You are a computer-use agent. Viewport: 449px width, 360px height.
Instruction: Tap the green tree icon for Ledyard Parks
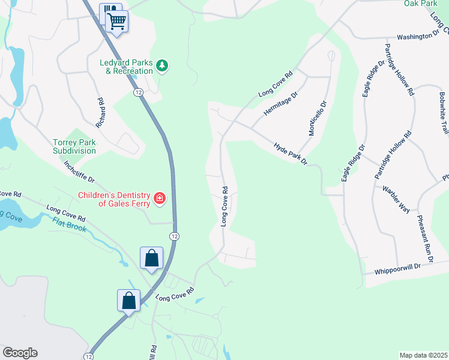click(x=162, y=65)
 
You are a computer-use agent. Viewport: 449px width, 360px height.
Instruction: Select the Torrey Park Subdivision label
click(x=74, y=146)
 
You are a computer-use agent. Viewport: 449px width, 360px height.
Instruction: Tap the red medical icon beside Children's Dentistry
click(x=159, y=198)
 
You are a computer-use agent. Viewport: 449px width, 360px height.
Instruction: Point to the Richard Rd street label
click(x=100, y=112)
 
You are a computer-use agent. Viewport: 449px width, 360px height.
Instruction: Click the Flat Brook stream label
click(x=69, y=226)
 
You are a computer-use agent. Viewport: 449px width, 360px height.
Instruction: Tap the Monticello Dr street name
click(x=318, y=118)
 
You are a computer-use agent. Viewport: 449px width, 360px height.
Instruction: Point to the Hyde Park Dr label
click(x=291, y=154)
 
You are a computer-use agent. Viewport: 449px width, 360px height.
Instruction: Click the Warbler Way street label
click(x=396, y=199)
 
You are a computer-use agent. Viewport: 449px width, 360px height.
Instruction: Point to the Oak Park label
click(x=420, y=4)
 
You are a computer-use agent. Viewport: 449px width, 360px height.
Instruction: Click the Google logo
click(x=20, y=353)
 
